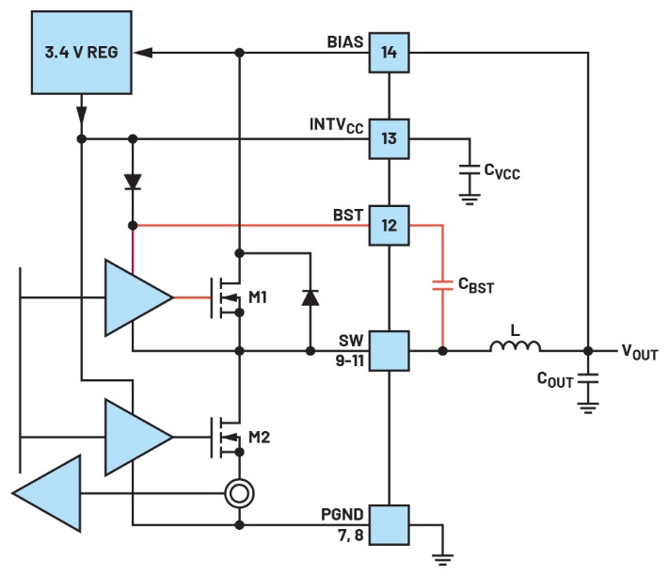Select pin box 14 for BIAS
(x=389, y=53)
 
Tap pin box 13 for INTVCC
(x=389, y=138)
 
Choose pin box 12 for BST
(x=389, y=225)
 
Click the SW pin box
(x=389, y=350)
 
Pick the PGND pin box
(x=389, y=524)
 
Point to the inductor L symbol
(x=515, y=348)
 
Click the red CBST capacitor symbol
(x=441, y=284)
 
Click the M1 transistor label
(x=258, y=297)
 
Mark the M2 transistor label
(x=258, y=437)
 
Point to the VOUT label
(x=639, y=352)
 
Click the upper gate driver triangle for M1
(x=137, y=297)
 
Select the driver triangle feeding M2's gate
(x=137, y=437)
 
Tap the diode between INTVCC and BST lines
(x=133, y=182)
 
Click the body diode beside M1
(x=311, y=297)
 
